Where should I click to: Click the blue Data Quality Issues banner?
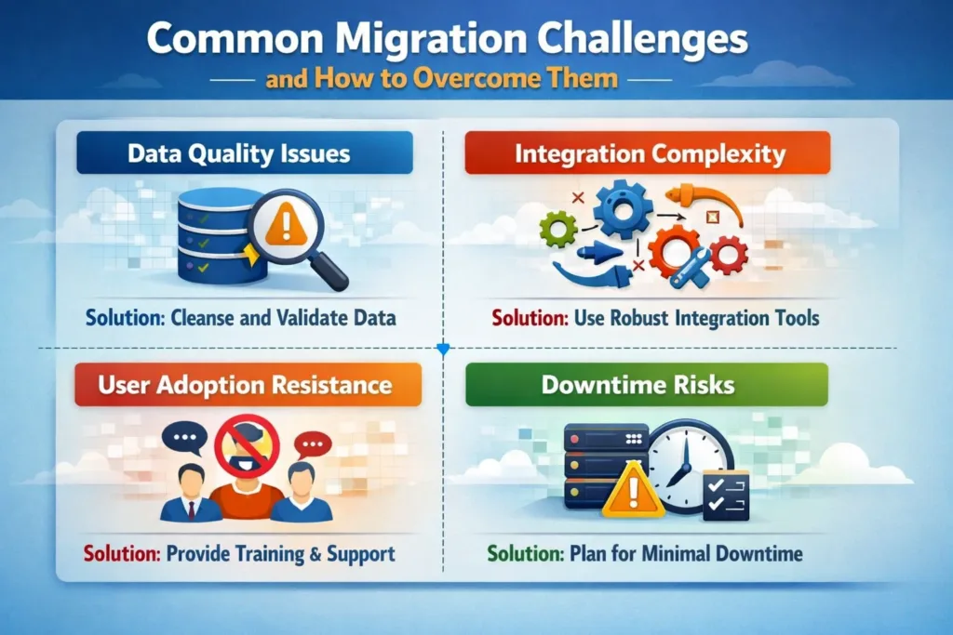pyautogui.click(x=245, y=152)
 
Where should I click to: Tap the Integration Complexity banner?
pyautogui.click(x=647, y=152)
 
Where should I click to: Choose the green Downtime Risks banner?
pyautogui.click(x=647, y=384)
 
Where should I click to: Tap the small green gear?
pyautogui.click(x=558, y=228)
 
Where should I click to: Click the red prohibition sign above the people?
pyautogui.click(x=248, y=445)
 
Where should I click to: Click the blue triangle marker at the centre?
pyautogui.click(x=443, y=350)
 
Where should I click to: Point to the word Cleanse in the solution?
pyautogui.click(x=208, y=318)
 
